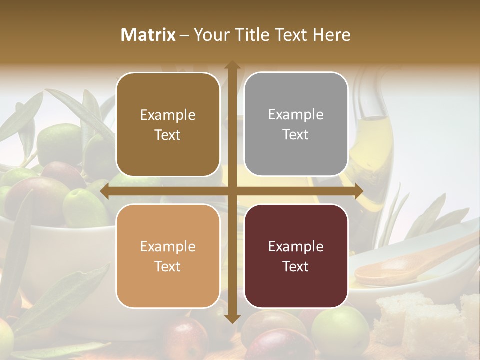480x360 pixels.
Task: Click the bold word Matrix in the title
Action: pos(148,35)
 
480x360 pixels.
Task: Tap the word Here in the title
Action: pos(332,35)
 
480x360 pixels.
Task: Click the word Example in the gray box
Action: pos(296,115)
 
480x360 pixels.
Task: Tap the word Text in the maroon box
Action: pos(296,267)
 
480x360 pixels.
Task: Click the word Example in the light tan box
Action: pos(168,247)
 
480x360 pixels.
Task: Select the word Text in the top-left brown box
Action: pos(168,135)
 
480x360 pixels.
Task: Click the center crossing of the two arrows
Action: pos(232,191)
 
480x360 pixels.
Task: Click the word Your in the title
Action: pos(210,35)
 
